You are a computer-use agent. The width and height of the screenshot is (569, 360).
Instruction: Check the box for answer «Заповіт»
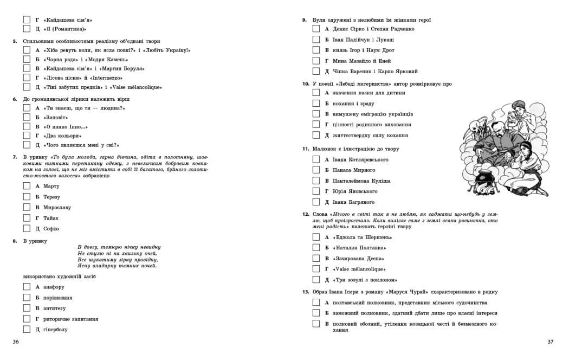coord(27,117)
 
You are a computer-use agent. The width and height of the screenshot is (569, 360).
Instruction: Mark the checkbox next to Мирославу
coord(27,207)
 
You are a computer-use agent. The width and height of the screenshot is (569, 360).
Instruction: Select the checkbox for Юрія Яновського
coord(316,191)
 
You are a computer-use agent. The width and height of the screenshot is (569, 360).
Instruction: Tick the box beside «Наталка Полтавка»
coord(316,247)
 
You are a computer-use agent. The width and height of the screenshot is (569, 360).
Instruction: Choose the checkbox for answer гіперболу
coord(27,329)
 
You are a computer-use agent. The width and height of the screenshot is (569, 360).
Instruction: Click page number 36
coord(16,342)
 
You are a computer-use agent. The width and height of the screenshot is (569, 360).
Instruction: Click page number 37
coord(551,342)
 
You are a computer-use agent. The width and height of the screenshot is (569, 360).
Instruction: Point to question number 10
coord(306,84)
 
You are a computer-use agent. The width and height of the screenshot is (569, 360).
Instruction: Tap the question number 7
coord(15,157)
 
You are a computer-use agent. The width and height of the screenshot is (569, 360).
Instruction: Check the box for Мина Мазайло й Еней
coord(316,61)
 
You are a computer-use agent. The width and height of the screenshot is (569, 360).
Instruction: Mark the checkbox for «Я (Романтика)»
coord(27,29)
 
